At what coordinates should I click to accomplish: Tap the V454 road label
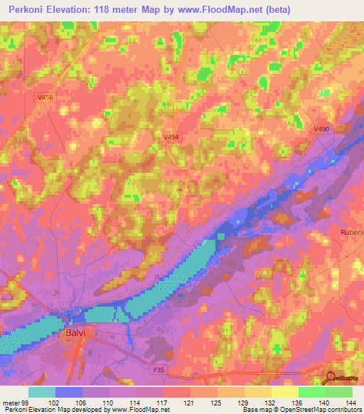(x=170, y=137)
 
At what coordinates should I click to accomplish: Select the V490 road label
(x=322, y=129)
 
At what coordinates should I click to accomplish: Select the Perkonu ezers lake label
(x=168, y=282)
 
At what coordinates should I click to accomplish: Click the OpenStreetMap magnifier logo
(x=331, y=378)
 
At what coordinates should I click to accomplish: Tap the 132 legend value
(x=271, y=402)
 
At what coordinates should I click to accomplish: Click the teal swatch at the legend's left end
(x=42, y=392)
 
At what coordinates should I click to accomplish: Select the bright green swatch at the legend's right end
(x=339, y=392)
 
